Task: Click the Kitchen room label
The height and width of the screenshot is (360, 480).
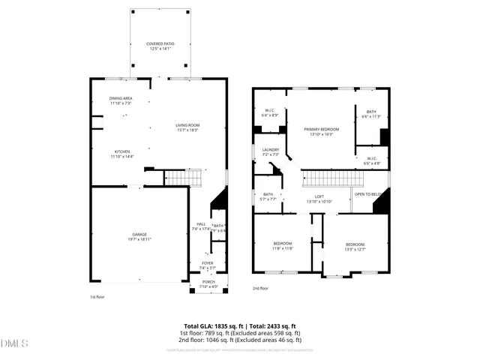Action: (121, 153)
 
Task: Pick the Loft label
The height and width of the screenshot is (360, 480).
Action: (319, 199)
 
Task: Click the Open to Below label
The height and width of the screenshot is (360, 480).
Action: (369, 194)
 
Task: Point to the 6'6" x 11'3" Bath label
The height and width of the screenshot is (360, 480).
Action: (371, 114)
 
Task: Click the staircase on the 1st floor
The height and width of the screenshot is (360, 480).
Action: (184, 178)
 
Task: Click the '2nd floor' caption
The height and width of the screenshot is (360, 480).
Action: (260, 289)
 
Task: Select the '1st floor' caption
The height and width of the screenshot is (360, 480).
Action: (97, 297)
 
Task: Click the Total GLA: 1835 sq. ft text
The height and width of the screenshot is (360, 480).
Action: (211, 326)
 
